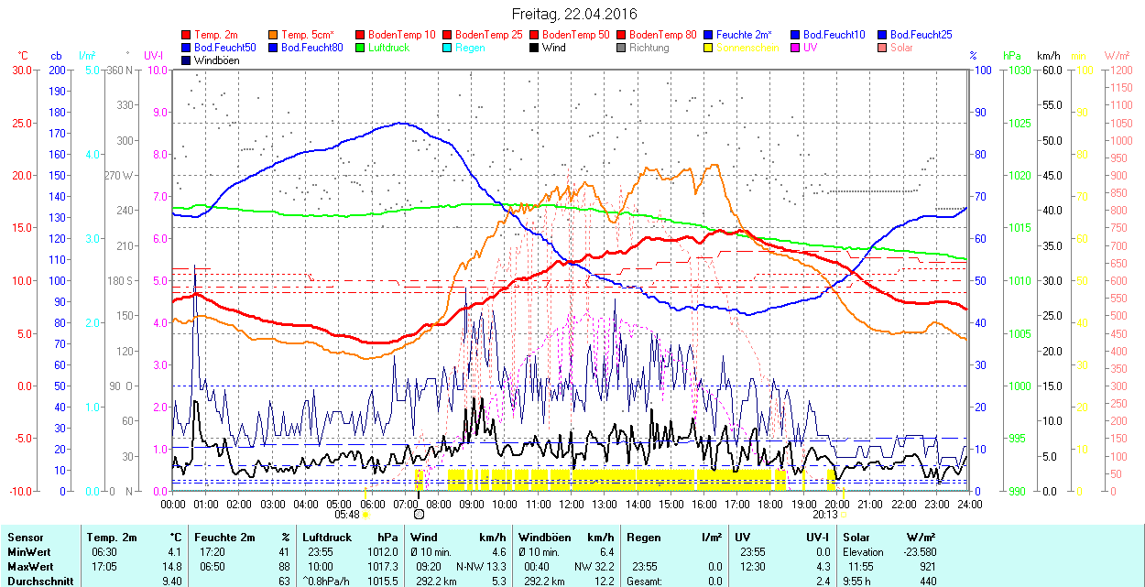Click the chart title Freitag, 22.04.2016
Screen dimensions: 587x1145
pos(574,14)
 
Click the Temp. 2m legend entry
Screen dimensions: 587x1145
pos(216,35)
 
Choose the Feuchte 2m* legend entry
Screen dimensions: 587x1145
pos(744,35)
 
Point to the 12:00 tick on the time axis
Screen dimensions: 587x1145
pos(571,504)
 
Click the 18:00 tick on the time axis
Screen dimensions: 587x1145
pos(770,504)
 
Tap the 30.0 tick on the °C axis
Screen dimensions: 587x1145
pos(20,70)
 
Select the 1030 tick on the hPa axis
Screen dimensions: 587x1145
pos(1016,70)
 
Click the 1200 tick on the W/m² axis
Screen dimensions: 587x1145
pos(1119,70)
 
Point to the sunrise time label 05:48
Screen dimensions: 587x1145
pos(347,515)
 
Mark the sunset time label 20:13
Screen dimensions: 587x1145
pos(825,515)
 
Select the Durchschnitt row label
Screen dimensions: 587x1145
pos(40,581)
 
